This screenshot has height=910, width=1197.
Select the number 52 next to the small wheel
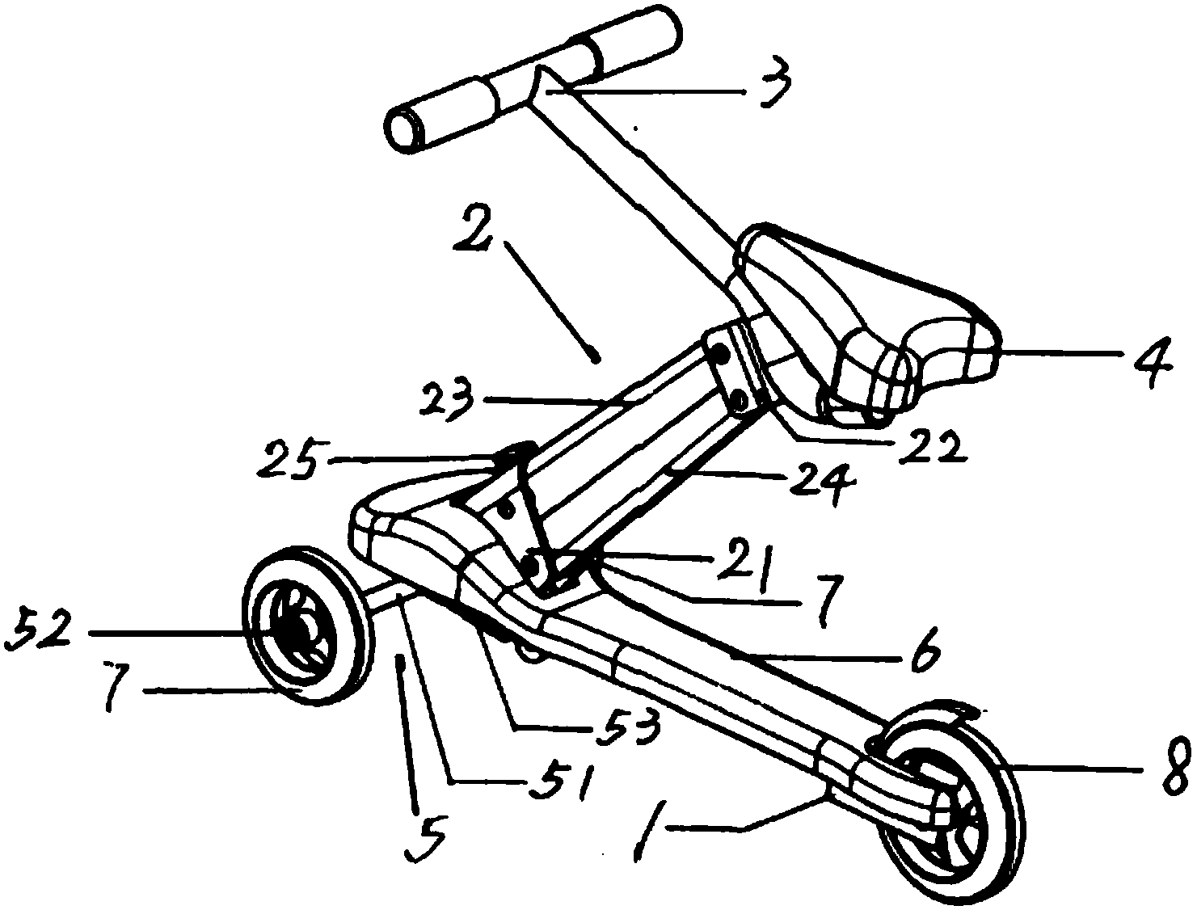click(x=40, y=633)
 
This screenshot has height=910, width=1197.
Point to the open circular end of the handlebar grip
click(x=403, y=132)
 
